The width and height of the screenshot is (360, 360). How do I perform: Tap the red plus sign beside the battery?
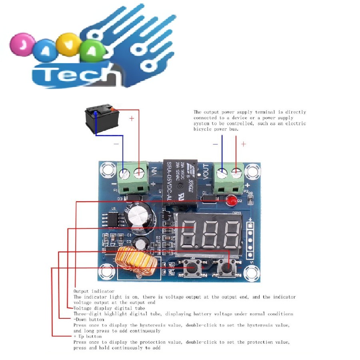(x=132, y=119)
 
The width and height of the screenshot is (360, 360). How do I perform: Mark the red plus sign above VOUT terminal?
(x=243, y=144)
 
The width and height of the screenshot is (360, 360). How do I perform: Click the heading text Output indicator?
(x=94, y=292)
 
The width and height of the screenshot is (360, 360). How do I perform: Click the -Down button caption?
(x=89, y=320)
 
